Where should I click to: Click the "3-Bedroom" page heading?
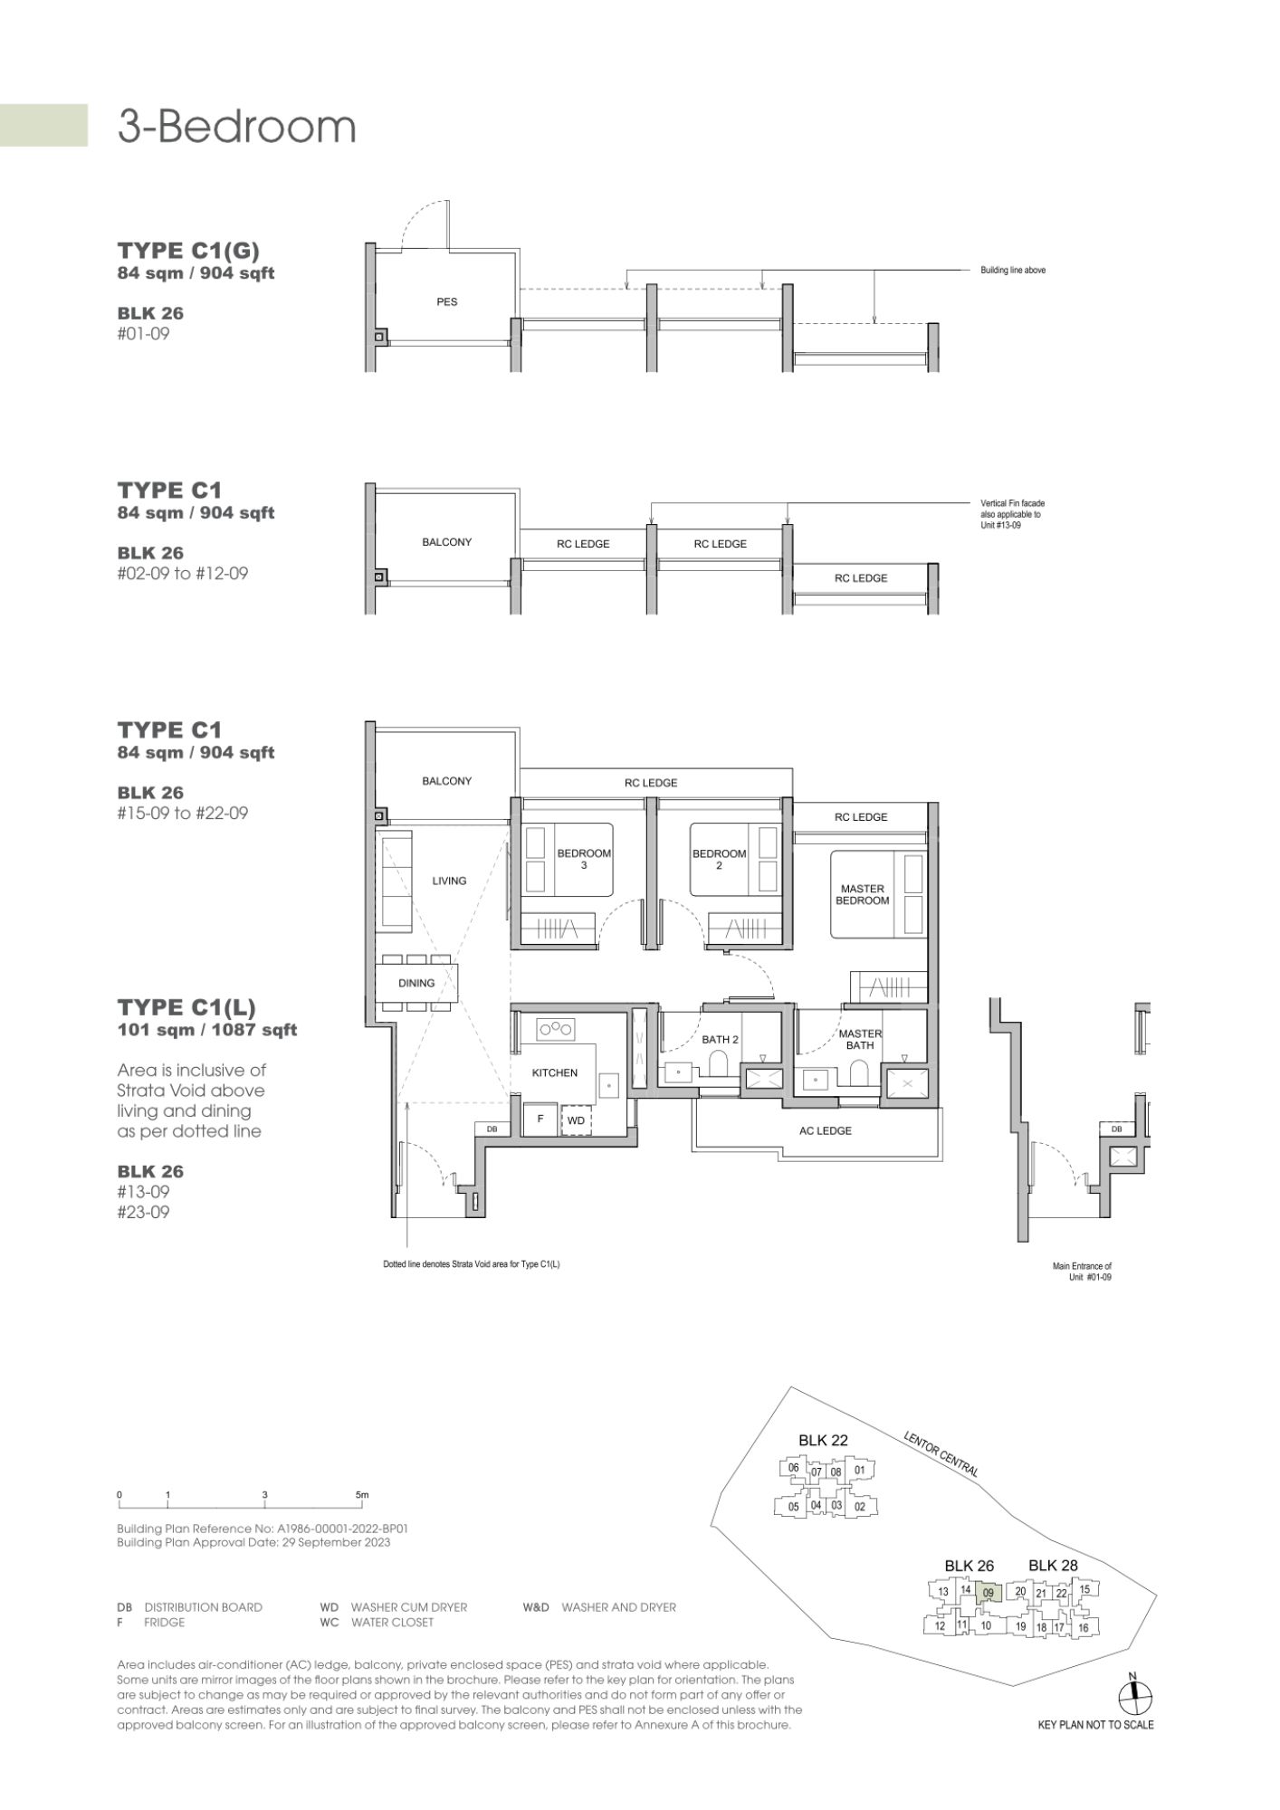236,127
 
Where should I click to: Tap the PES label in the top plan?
447,302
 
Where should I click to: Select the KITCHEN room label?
555,1072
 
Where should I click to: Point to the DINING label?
416,983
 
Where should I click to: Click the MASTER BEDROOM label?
863,894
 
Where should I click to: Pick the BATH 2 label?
721,1040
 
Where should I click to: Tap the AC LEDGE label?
826,1130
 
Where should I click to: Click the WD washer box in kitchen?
576,1120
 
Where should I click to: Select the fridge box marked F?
540,1119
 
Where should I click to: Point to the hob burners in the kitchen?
556,1028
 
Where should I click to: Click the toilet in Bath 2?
719,1064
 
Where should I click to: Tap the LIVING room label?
449,881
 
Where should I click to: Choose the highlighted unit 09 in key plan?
989,1594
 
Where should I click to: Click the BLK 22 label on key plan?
823,1440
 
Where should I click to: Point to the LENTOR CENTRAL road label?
941,1453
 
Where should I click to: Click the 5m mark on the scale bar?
362,1494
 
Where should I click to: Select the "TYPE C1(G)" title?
188,250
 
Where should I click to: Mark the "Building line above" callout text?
1013,271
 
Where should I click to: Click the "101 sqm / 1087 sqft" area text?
207,1030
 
